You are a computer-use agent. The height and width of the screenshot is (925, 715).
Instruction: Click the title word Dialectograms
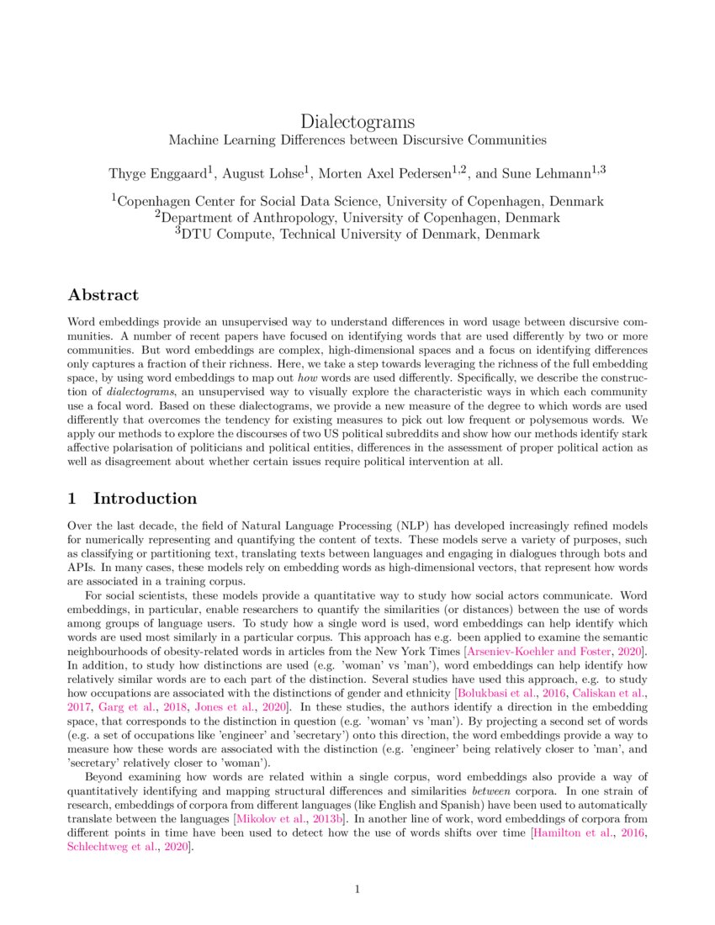(x=357, y=122)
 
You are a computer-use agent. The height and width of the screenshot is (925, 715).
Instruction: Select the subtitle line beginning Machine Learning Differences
(x=357, y=140)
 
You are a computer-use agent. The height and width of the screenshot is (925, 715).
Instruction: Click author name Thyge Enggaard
(x=158, y=174)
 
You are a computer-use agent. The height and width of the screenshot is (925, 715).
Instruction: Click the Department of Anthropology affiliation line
(x=357, y=218)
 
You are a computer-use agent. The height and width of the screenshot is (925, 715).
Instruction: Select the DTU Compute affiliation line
(x=357, y=234)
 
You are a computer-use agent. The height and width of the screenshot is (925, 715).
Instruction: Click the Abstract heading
(x=103, y=295)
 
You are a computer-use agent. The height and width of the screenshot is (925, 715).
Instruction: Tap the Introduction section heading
(x=145, y=499)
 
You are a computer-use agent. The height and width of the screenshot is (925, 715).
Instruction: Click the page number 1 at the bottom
(x=357, y=889)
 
